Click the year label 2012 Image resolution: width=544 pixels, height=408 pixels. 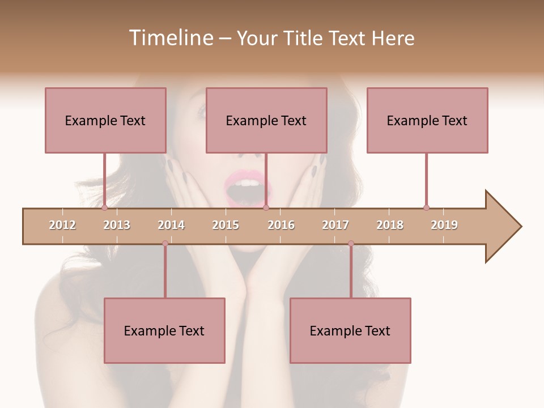click(62, 225)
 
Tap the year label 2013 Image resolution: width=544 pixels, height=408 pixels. click(117, 225)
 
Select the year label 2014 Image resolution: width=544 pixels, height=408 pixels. click(171, 225)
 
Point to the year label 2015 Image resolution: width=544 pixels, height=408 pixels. click(226, 225)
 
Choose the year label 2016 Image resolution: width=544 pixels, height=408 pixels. click(281, 225)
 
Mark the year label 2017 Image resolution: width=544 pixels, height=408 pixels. click(335, 225)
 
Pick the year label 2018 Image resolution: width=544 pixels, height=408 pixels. click(390, 225)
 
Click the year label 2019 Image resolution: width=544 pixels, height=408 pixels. click(444, 225)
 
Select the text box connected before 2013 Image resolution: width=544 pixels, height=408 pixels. click(105, 120)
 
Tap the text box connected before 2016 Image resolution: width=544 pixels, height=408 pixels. click(266, 120)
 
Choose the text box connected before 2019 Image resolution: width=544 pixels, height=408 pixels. click(427, 120)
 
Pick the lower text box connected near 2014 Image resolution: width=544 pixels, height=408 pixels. click(164, 330)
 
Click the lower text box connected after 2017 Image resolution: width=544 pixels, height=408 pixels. click(350, 330)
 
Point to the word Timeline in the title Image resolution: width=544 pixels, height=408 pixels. click(169, 38)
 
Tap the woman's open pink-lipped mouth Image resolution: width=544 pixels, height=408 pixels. click(247, 188)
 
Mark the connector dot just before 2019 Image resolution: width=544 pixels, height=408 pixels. click(426, 207)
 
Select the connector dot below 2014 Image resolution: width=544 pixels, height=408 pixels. click(165, 243)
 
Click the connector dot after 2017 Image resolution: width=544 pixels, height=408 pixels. click(351, 243)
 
